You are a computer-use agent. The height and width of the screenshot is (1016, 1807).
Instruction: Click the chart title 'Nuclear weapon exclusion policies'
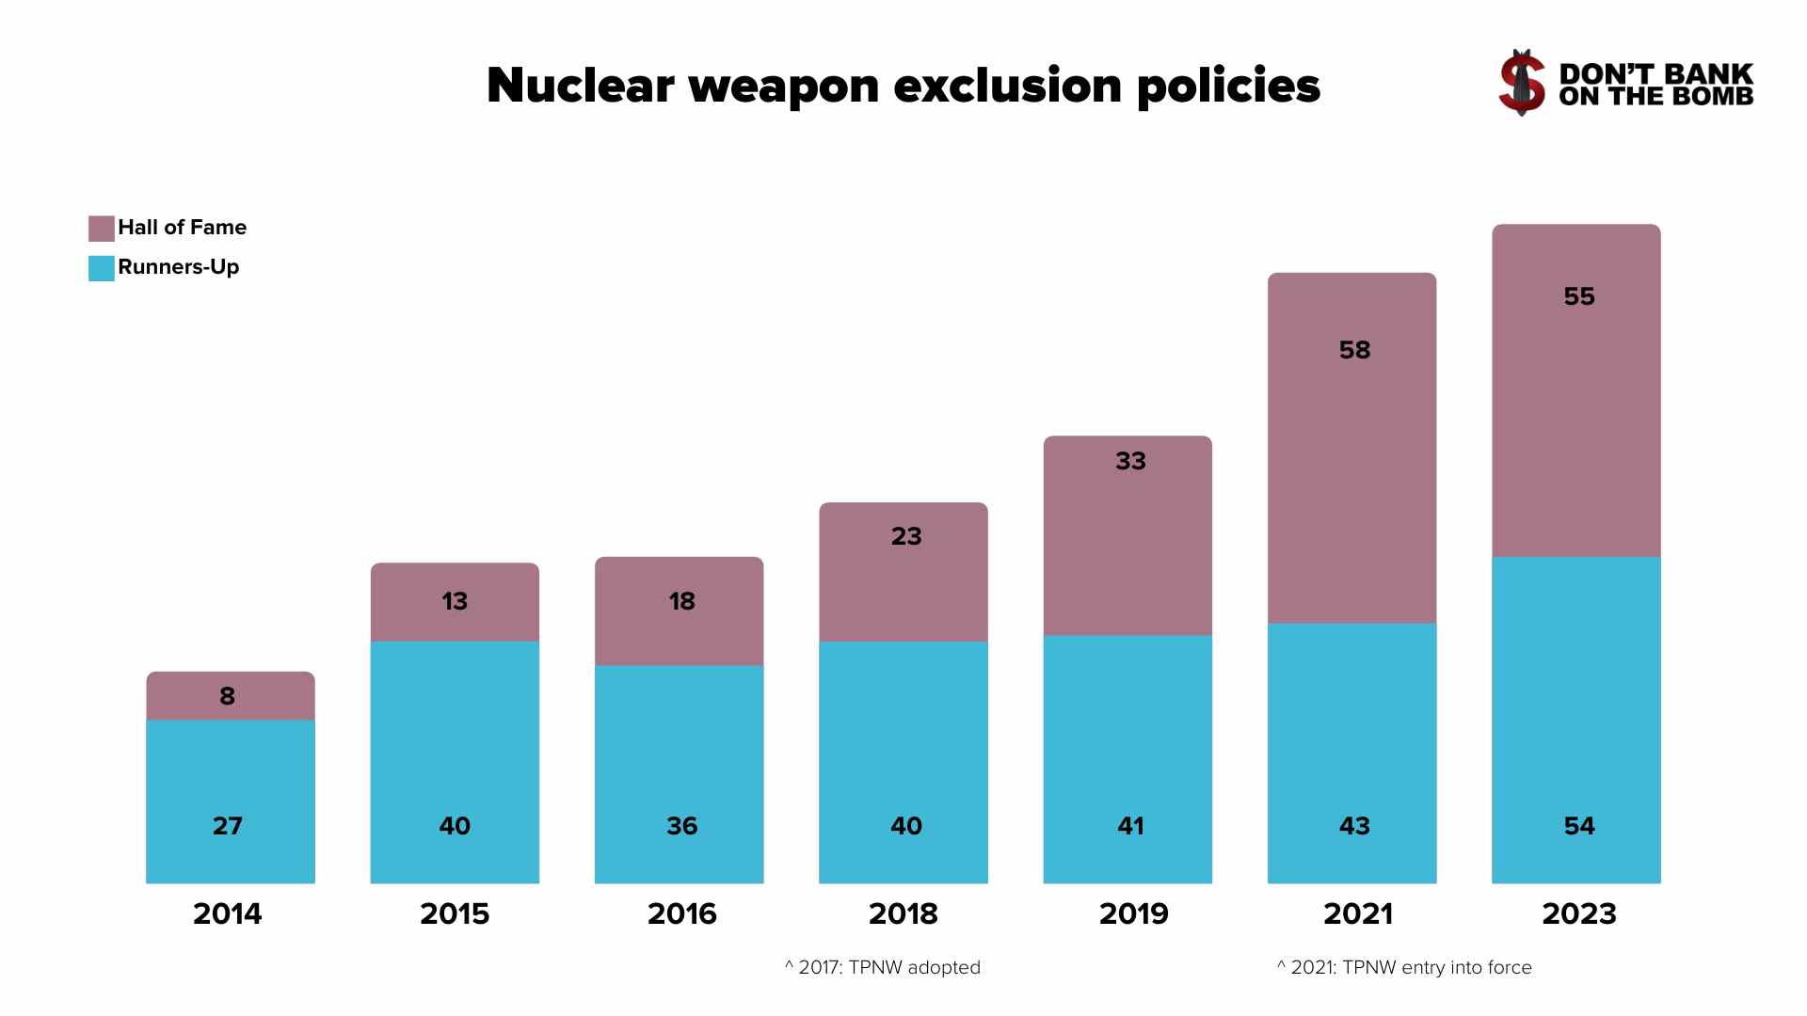pyautogui.click(x=903, y=86)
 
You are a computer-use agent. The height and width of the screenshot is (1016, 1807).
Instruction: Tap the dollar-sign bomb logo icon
pyautogui.click(x=1522, y=83)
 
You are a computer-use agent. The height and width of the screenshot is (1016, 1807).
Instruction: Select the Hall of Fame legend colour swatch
pyautogui.click(x=101, y=229)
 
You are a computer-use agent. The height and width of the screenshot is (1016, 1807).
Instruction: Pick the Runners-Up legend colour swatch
pyautogui.click(x=101, y=268)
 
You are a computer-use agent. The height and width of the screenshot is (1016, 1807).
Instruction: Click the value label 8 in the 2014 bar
pyautogui.click(x=227, y=696)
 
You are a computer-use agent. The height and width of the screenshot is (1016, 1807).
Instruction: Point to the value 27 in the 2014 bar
pyautogui.click(x=227, y=826)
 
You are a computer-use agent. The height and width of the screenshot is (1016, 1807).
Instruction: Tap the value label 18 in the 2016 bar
pyautogui.click(x=681, y=601)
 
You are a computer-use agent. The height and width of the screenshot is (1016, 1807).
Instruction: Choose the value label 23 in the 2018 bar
pyautogui.click(x=906, y=536)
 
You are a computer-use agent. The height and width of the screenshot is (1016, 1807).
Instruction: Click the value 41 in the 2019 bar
pyautogui.click(x=1130, y=826)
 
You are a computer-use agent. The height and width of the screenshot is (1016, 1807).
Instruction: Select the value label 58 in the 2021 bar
pyautogui.click(x=1354, y=350)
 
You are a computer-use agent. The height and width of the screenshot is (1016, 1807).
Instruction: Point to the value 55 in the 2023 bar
pyautogui.click(x=1578, y=296)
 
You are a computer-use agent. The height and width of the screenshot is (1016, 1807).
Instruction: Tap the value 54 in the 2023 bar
pyautogui.click(x=1578, y=826)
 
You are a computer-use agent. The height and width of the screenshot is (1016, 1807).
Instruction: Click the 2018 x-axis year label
pyautogui.click(x=903, y=913)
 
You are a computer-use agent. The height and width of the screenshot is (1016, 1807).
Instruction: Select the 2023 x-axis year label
pyautogui.click(x=1578, y=913)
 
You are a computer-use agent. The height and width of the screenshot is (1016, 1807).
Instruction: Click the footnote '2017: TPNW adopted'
pyautogui.click(x=883, y=967)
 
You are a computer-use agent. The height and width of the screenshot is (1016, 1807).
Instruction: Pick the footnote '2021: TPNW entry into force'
pyautogui.click(x=1404, y=967)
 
